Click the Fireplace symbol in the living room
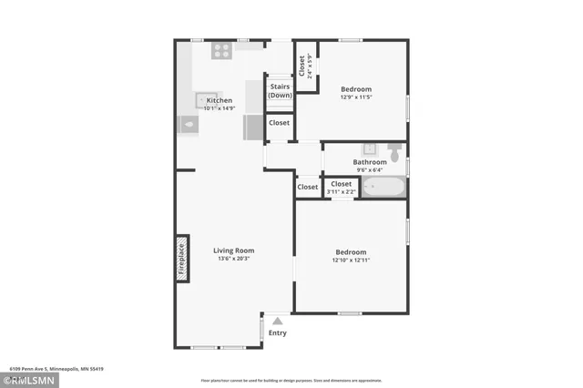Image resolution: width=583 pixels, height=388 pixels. (x=182, y=257)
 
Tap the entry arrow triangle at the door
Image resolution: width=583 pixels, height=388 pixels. (x=278, y=321)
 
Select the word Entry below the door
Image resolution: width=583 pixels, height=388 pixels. (x=278, y=332)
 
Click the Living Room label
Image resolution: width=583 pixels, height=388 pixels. (x=234, y=250)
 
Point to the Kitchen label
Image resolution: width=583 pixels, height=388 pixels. (x=219, y=100)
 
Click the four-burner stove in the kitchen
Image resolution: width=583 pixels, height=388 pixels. (x=221, y=52)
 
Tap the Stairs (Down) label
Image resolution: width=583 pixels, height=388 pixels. (x=280, y=90)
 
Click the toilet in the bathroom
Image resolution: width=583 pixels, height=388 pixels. (x=394, y=150)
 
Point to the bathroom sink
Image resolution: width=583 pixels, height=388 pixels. (x=371, y=148)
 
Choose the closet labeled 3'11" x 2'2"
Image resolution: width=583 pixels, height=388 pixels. (x=341, y=188)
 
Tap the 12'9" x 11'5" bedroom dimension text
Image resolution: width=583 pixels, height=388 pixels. (x=356, y=97)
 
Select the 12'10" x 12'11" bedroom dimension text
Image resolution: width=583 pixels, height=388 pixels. (x=351, y=260)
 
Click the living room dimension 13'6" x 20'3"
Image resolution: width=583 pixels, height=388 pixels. (x=234, y=259)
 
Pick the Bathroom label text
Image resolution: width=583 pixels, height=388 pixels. (x=370, y=162)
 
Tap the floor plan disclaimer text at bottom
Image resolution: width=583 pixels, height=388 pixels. (x=291, y=381)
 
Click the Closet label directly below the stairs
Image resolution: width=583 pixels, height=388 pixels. (x=279, y=123)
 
